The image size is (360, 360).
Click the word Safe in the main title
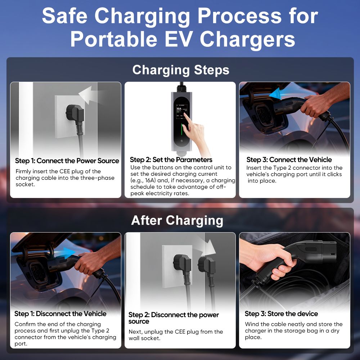(x=64, y=15)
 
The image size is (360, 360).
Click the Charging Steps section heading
(x=181, y=70)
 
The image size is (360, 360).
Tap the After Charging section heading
(x=177, y=220)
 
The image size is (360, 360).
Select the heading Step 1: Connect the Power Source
(x=67, y=161)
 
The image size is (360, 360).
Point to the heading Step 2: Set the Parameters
(x=171, y=159)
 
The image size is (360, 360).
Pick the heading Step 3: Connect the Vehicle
(x=289, y=159)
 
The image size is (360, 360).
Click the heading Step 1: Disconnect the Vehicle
(x=60, y=314)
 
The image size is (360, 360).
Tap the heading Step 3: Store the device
(x=281, y=314)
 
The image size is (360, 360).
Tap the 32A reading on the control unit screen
(x=179, y=108)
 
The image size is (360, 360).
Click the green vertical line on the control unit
(x=182, y=132)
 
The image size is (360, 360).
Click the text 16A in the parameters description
(x=150, y=180)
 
